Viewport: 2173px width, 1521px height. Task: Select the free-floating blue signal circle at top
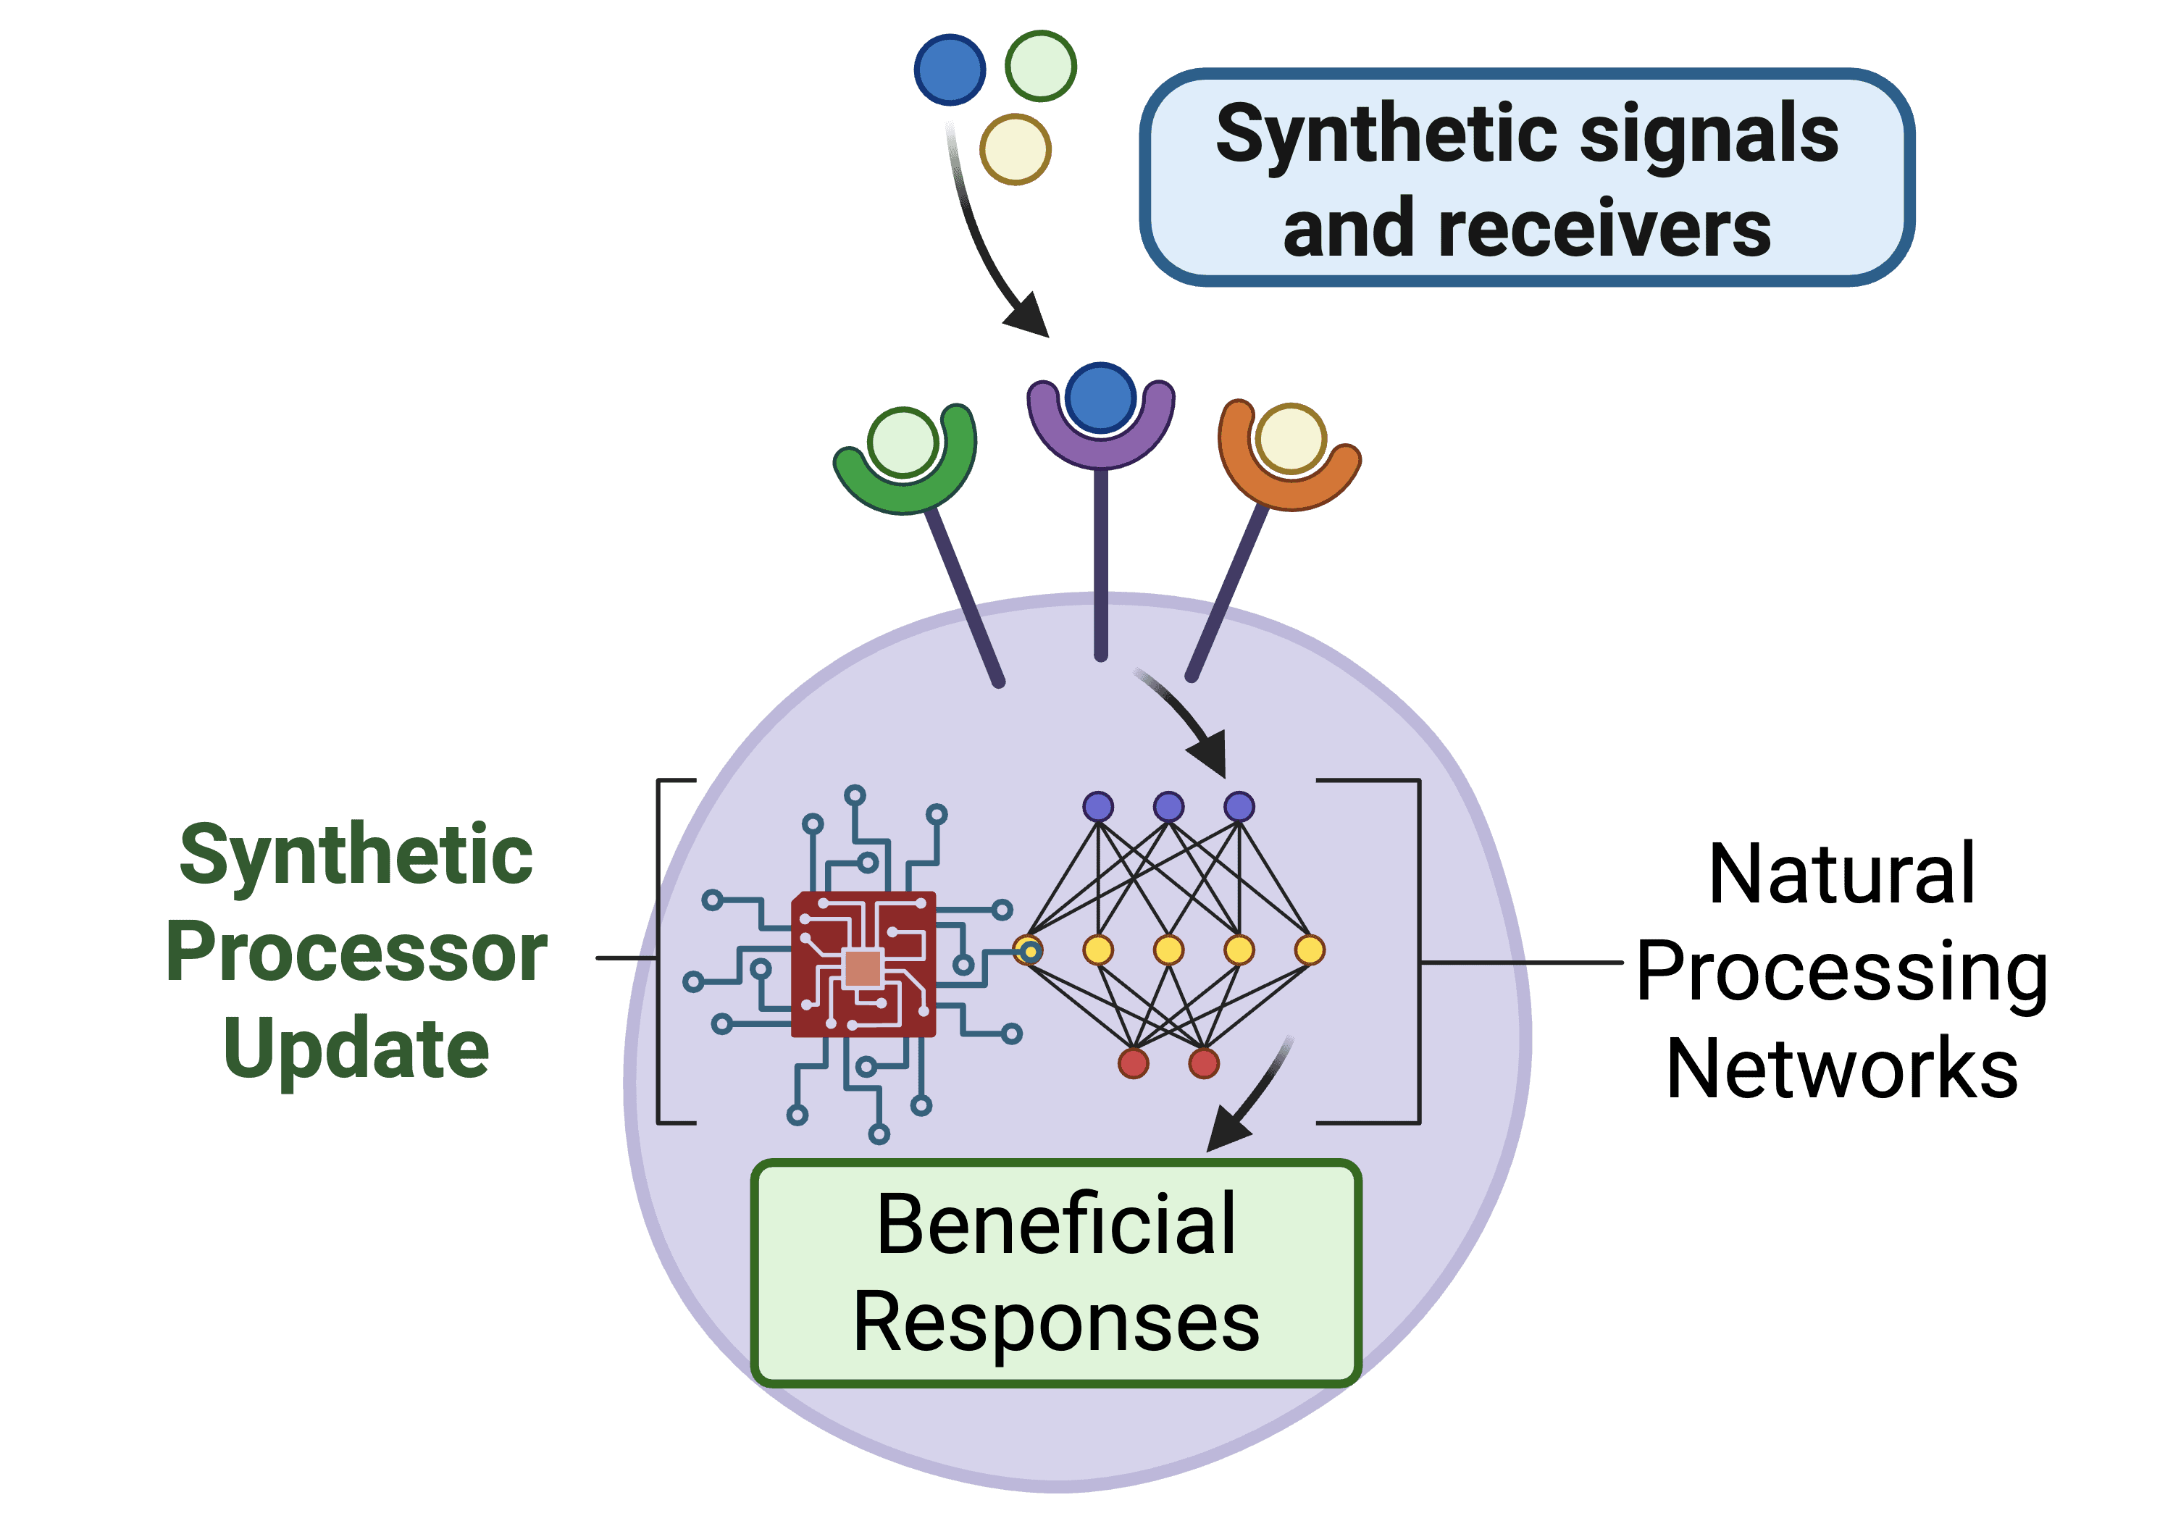click(x=950, y=69)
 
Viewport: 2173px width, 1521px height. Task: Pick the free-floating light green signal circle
click(x=1040, y=65)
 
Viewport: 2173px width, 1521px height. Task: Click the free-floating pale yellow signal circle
click(x=1015, y=148)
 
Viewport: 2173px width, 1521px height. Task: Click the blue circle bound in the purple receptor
click(x=1100, y=398)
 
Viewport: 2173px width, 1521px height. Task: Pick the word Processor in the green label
click(x=357, y=953)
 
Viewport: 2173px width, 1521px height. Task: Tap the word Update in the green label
click(x=357, y=1049)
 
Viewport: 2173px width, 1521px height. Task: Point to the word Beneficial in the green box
click(x=1056, y=1225)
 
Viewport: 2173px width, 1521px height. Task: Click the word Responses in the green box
click(x=1056, y=1323)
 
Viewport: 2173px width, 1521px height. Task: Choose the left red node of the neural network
click(x=1133, y=1063)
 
